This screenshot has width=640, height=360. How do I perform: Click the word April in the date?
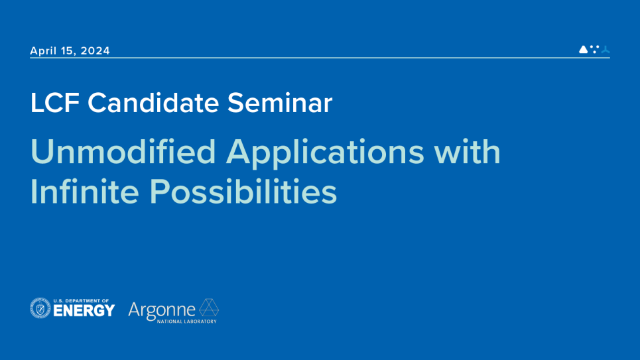(44, 51)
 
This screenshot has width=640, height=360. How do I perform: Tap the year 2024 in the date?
(96, 51)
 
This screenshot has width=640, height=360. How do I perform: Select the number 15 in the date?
(70, 51)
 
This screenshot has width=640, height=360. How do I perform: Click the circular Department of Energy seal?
(40, 308)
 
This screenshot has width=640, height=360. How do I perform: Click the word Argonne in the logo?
(162, 310)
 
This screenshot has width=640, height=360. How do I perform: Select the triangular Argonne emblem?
(209, 308)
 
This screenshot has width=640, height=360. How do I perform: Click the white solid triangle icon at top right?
(583, 49)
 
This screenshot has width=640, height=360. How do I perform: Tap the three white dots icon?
(594, 48)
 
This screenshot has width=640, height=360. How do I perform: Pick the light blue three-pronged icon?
(605, 49)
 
